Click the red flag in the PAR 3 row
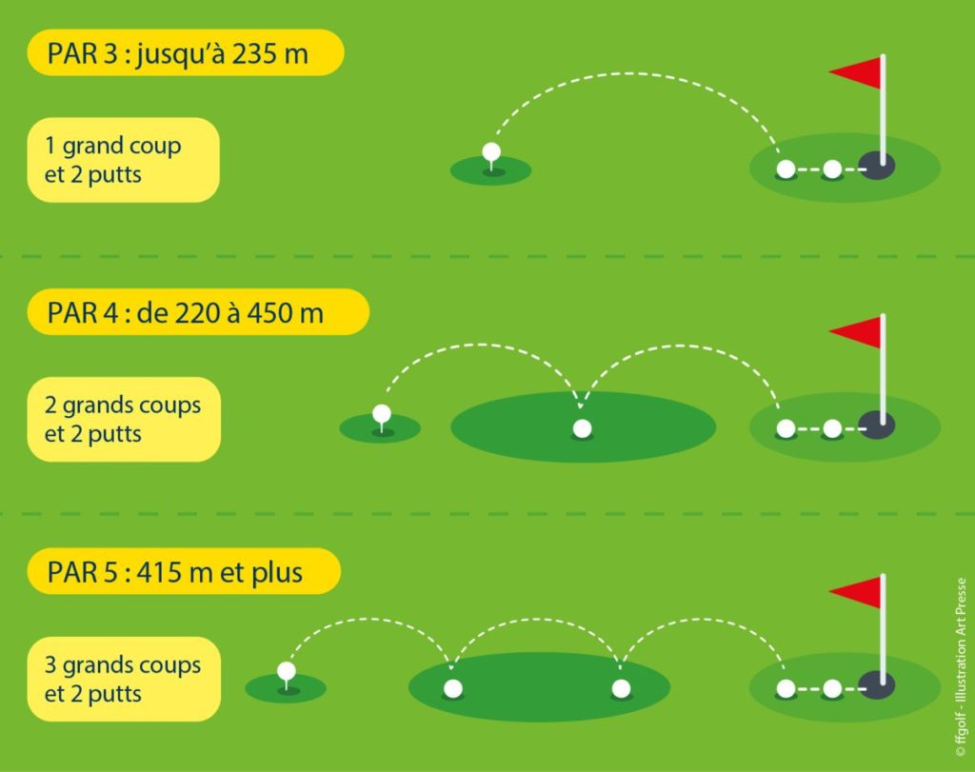(857, 72)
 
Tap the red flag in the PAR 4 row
(857, 331)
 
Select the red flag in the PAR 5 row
(857, 591)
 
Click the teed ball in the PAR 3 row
(491, 151)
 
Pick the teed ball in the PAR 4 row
(382, 413)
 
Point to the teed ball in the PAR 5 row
(287, 672)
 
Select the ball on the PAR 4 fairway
(582, 428)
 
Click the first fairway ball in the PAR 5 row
(453, 688)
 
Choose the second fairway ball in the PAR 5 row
(621, 688)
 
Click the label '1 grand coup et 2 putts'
(114, 160)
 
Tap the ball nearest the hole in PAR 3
(832, 169)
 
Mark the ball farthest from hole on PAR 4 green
(786, 428)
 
